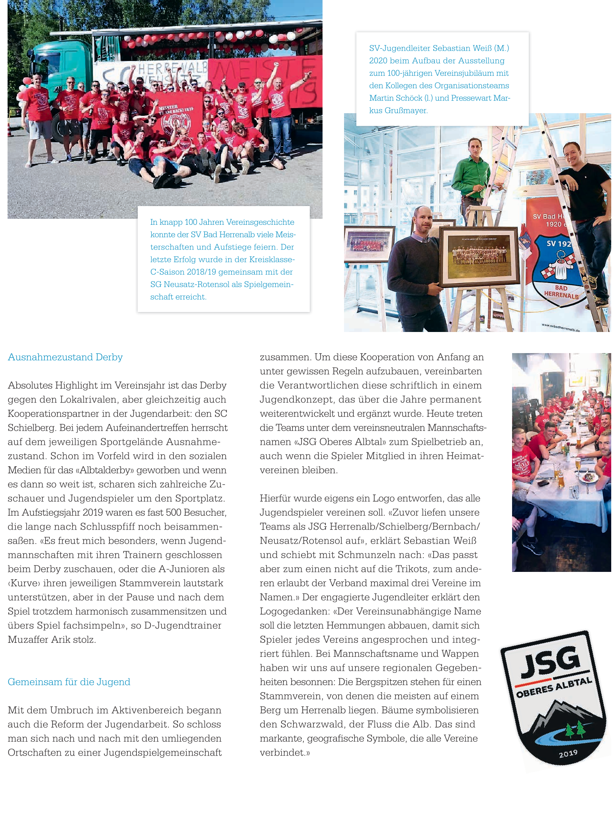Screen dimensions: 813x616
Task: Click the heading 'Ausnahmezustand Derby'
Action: click(x=65, y=357)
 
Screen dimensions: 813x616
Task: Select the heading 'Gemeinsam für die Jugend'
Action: click(x=69, y=682)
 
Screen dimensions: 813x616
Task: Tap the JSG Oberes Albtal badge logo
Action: click(x=553, y=699)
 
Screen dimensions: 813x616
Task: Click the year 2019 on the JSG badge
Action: click(x=568, y=754)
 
